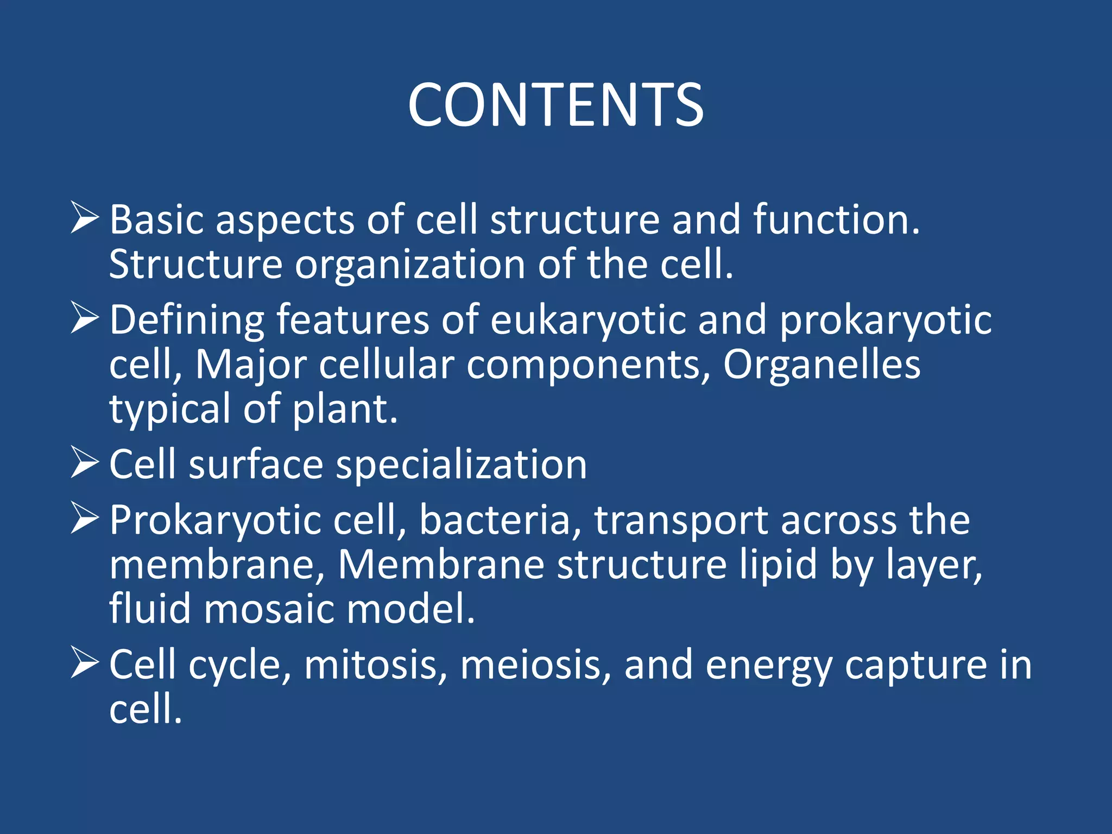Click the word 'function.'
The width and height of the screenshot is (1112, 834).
(x=836, y=219)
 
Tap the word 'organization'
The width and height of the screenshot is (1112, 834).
(x=410, y=264)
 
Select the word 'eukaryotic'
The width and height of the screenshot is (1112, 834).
(x=587, y=320)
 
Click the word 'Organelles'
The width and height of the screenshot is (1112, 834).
(x=822, y=364)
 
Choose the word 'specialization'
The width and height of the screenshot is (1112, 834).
(x=462, y=465)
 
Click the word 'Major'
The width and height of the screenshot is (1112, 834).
(x=251, y=365)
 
